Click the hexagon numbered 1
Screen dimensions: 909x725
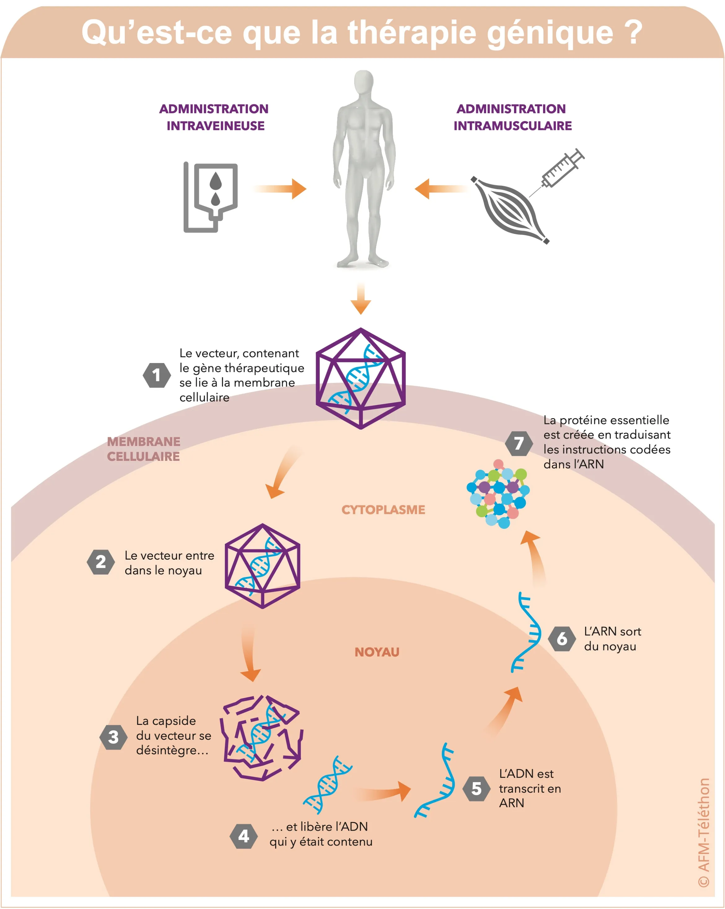coord(156,375)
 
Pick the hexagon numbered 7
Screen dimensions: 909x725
coord(519,443)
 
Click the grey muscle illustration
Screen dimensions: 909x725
coord(511,210)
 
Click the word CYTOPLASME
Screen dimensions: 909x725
coord(383,510)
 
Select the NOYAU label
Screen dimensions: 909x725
coord(377,652)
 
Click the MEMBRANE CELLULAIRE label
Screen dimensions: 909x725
coord(143,449)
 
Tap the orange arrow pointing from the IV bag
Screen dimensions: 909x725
coord(281,189)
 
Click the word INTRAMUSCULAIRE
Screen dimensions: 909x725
coord(512,126)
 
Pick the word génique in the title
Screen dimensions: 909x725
coord(550,32)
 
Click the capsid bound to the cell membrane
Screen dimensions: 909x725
coord(361,379)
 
